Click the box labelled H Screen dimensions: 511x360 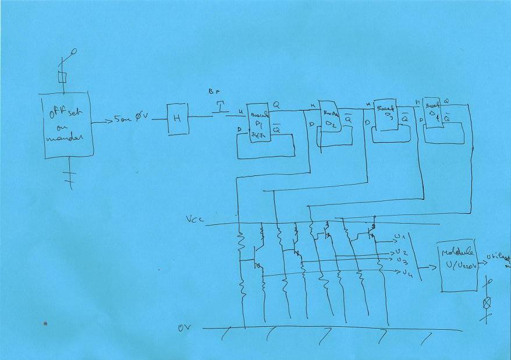[x=178, y=119]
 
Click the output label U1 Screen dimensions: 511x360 [x=400, y=236]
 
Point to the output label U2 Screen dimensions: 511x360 [x=400, y=252]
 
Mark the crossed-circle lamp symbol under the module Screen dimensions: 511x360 [x=488, y=302]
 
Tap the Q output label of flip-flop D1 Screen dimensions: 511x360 [x=276, y=104]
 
